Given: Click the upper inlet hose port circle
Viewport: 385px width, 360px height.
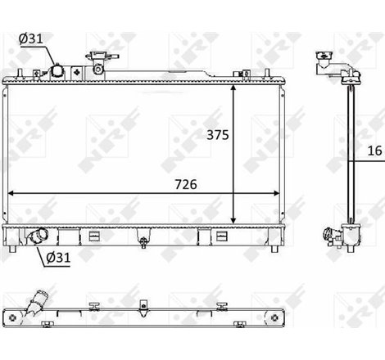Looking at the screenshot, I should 59,72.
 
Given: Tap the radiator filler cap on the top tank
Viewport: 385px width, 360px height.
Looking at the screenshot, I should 101,63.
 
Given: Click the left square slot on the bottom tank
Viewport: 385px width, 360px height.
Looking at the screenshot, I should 93,236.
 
